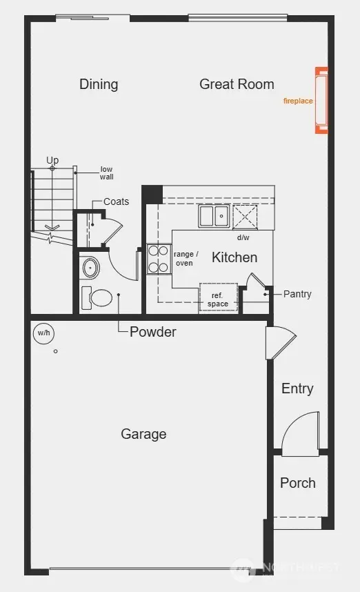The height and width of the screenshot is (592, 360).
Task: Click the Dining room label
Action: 99,84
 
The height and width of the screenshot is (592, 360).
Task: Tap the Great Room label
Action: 237,84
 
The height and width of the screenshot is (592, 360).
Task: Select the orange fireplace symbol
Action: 321,100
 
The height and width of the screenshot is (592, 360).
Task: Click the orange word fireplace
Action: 298,101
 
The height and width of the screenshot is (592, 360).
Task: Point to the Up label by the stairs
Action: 52,160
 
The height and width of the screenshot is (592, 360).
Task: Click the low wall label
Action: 106,173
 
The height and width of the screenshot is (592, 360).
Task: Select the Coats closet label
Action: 116,201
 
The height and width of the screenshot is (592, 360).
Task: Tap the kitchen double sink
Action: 214,217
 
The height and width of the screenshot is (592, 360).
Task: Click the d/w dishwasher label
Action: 243,238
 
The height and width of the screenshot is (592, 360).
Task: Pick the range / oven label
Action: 186,258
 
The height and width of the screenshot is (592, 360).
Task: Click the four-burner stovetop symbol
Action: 159,259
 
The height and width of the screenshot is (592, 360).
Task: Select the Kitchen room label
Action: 234,257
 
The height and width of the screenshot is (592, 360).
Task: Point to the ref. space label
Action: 217,299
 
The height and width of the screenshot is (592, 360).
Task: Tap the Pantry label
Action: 297,294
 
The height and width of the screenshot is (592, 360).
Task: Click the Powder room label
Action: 153,332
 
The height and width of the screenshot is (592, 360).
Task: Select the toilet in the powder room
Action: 98,298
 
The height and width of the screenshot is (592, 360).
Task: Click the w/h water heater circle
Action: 44,333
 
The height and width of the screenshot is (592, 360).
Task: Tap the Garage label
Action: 143,434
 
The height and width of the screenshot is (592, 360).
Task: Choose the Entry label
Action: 297,388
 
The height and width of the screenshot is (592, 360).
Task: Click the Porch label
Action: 298,483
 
